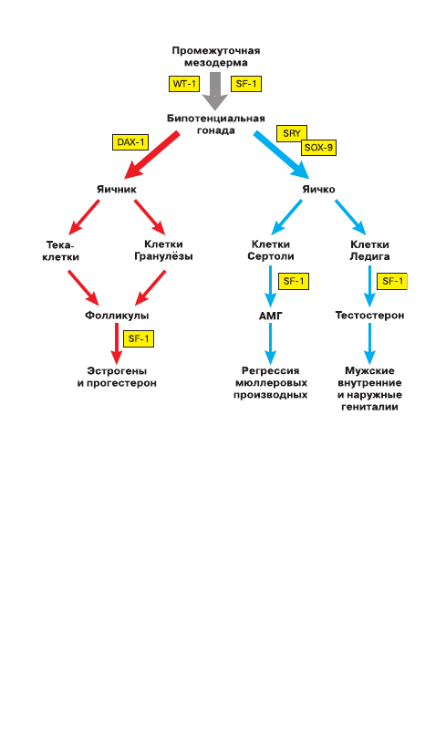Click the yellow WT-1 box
[184, 84]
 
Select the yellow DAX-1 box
[130, 142]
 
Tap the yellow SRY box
[292, 133]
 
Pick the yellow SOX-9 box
[318, 148]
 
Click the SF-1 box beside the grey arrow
[246, 84]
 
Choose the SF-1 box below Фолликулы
[139, 339]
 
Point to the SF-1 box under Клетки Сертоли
[294, 281]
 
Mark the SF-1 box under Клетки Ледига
[392, 281]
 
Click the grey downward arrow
[215, 91]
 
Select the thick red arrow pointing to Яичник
[151, 155]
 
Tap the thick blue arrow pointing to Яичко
[282, 155]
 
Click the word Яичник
[117, 190]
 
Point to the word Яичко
[318, 190]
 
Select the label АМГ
[271, 316]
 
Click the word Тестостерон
[370, 316]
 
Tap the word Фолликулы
[117, 316]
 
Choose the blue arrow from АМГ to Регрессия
[271, 344]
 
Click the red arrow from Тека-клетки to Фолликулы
[83, 287]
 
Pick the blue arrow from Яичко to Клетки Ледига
[350, 217]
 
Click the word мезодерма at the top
[216, 63]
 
